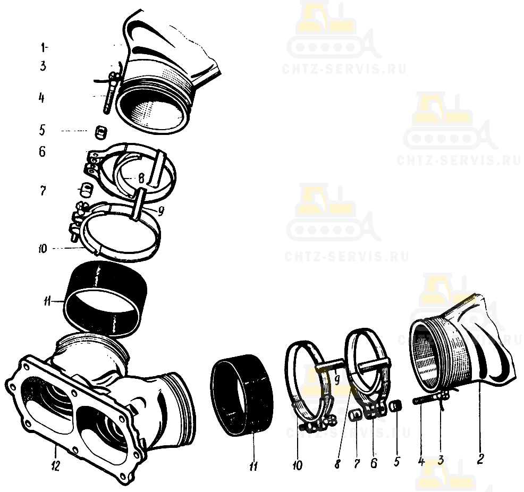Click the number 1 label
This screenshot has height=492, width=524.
pos(43,48)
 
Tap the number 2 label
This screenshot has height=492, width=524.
pos(480,459)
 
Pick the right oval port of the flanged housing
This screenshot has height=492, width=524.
pos(103,434)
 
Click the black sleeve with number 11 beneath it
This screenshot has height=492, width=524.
pos(242,395)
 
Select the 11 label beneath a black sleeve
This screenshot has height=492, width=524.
pos(253,465)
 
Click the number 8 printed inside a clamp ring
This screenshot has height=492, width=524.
pos(141,179)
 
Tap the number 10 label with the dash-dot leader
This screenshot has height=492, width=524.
pos(43,249)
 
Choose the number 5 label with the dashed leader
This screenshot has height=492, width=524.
pos(42,130)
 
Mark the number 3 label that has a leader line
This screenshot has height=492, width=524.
pos(441,460)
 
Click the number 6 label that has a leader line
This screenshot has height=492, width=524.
pos(374,463)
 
